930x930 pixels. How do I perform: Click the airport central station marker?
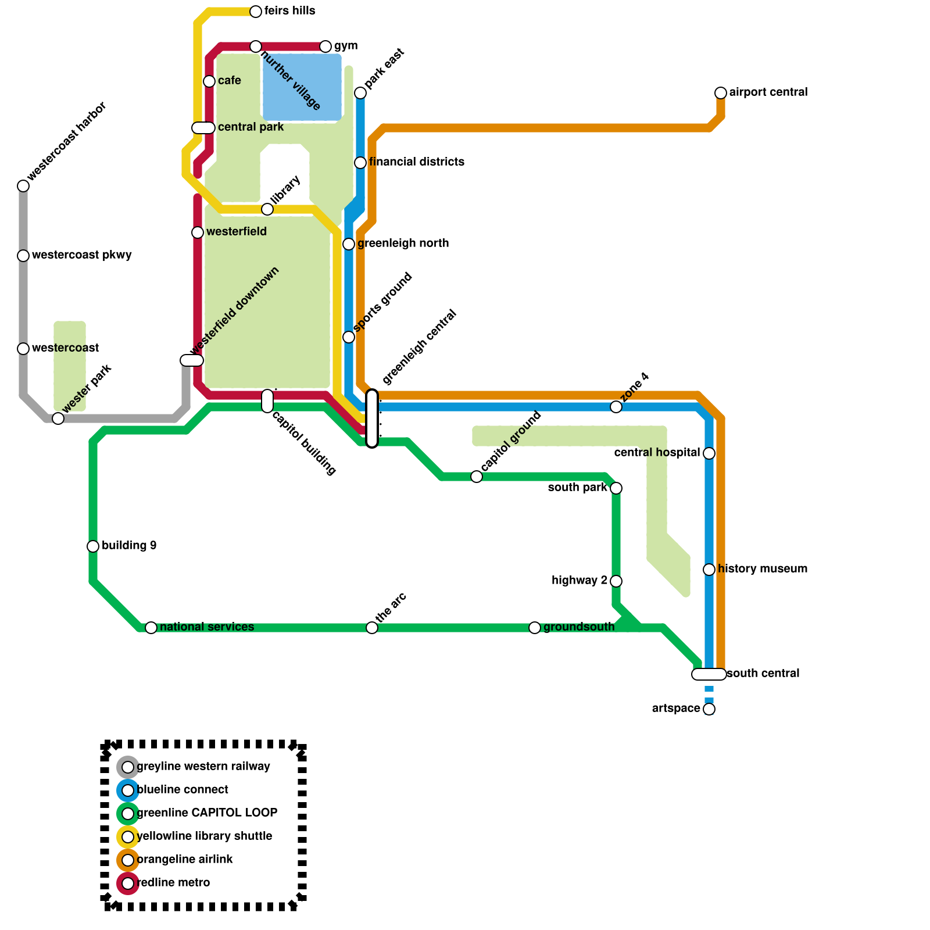(x=721, y=93)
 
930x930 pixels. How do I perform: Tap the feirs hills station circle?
(x=256, y=12)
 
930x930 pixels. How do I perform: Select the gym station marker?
(x=325, y=46)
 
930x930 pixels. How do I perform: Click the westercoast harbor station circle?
(x=23, y=186)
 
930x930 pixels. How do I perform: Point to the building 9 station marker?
(x=93, y=546)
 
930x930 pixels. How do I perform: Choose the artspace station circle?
(x=709, y=709)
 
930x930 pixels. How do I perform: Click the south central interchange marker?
(x=709, y=674)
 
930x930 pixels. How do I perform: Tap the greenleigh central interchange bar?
(x=372, y=419)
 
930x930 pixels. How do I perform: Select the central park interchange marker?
(x=203, y=128)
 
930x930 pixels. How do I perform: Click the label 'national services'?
(x=207, y=627)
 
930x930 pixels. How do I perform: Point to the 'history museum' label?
(x=763, y=569)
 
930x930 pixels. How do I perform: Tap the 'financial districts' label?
(x=417, y=162)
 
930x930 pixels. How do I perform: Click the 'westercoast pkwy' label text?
(x=82, y=255)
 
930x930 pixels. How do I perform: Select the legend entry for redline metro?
(x=173, y=883)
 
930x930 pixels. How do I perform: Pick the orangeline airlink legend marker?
(x=128, y=860)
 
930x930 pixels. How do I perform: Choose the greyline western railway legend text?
(x=203, y=767)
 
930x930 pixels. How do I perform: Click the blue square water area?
(x=302, y=87)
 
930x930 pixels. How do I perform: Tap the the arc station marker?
(x=372, y=628)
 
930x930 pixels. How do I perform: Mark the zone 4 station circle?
(x=616, y=407)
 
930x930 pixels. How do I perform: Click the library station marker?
(x=267, y=209)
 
